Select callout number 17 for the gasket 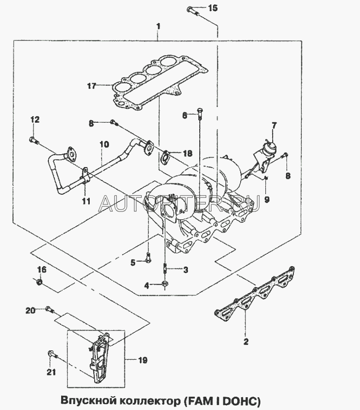(x=91, y=86)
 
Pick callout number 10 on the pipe (x=104, y=145)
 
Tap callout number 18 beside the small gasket (x=187, y=154)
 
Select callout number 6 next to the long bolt (x=185, y=115)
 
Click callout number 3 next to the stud (x=185, y=270)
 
